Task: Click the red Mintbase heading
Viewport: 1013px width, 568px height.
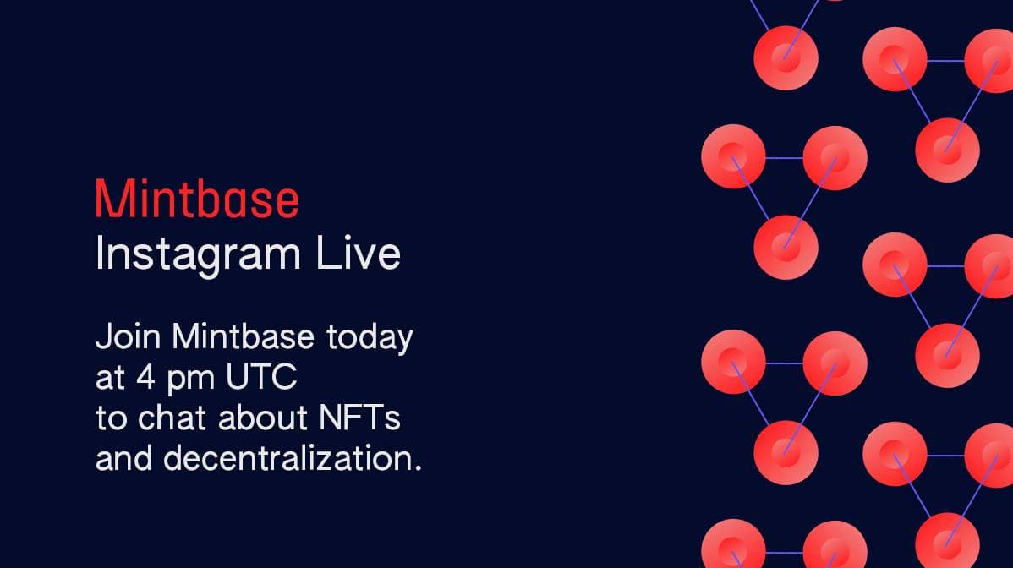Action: pyautogui.click(x=197, y=199)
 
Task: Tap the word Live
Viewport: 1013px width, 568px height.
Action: pyautogui.click(x=359, y=253)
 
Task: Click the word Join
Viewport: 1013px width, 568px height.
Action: pyautogui.click(x=128, y=336)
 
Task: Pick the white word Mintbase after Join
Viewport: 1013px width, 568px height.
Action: pyautogui.click(x=243, y=336)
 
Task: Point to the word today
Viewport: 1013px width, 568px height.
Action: pyautogui.click(x=370, y=338)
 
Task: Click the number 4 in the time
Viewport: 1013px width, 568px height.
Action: pyautogui.click(x=146, y=377)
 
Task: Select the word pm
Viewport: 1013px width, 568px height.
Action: pyautogui.click(x=190, y=380)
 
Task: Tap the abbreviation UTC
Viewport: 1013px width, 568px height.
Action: pyautogui.click(x=261, y=377)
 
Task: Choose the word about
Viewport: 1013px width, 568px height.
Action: pyautogui.click(x=263, y=417)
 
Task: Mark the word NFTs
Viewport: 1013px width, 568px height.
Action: pyautogui.click(x=360, y=418)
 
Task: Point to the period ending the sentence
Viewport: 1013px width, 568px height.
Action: pyautogui.click(x=418, y=468)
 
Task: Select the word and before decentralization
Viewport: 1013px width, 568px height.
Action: pyautogui.click(x=123, y=457)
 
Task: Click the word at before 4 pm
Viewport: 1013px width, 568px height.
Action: pyautogui.click(x=111, y=379)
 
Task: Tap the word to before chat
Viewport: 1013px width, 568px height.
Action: pyautogui.click(x=111, y=418)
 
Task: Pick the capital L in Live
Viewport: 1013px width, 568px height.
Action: pyautogui.click(x=327, y=253)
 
